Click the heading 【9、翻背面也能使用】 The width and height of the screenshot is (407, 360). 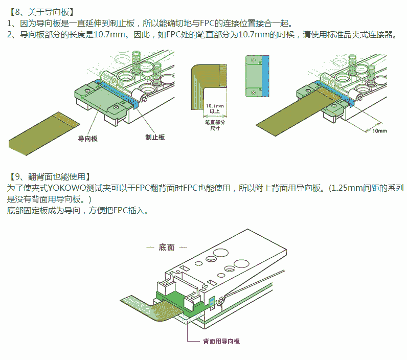point(49,176)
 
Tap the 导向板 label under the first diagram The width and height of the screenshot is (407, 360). point(87,139)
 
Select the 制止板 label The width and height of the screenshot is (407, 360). point(155,138)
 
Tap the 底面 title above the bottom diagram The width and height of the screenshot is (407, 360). point(166,247)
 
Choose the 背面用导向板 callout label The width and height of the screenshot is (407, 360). point(221,341)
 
